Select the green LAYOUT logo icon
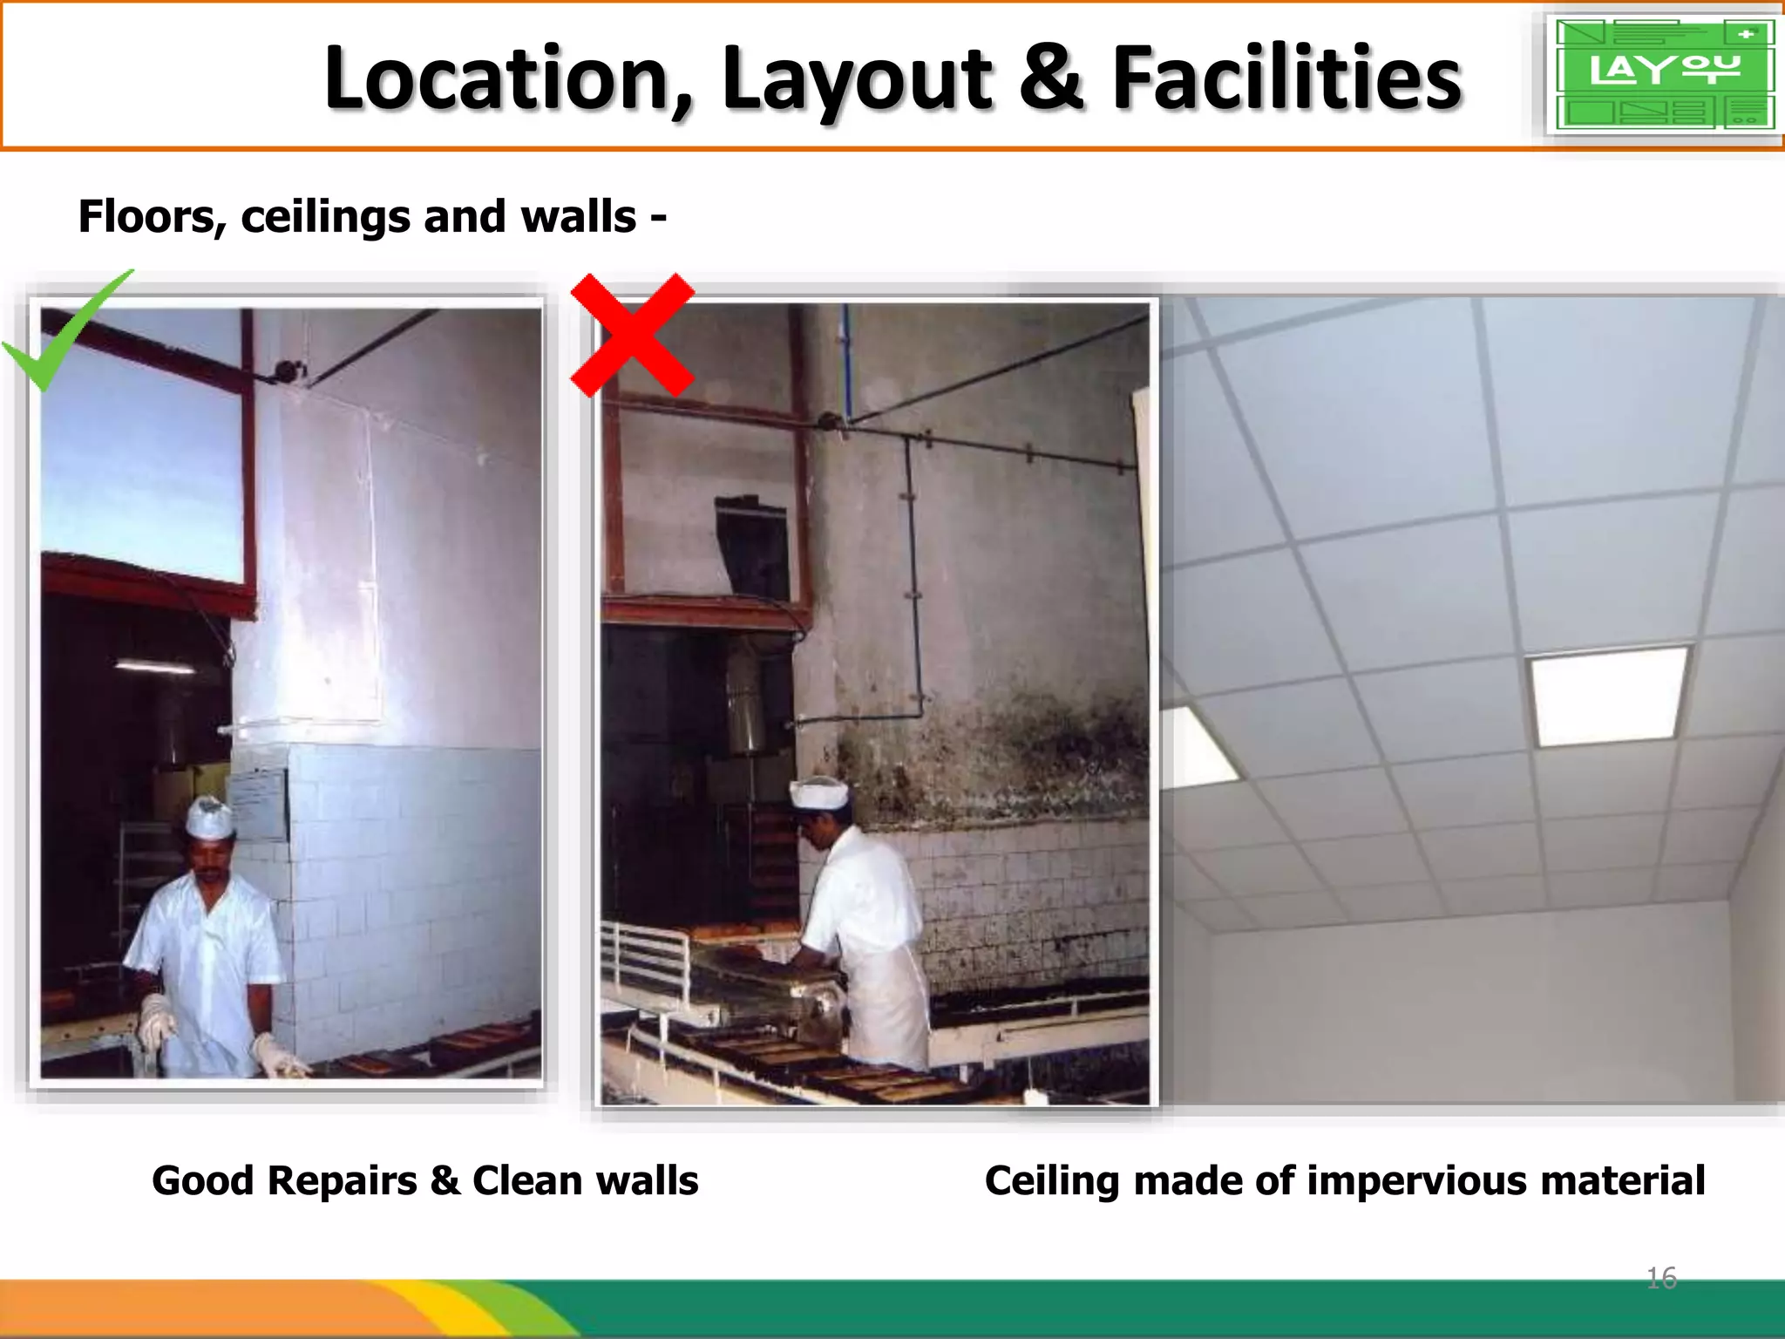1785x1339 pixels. click(x=1664, y=73)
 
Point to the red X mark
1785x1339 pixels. click(x=633, y=336)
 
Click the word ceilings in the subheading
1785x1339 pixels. click(x=325, y=217)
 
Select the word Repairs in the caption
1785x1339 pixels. click(x=342, y=1181)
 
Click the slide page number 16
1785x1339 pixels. click(x=1661, y=1278)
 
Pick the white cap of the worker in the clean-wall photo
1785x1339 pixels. click(x=209, y=818)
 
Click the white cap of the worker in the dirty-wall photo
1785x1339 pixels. click(x=818, y=792)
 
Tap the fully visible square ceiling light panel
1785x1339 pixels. click(x=1611, y=695)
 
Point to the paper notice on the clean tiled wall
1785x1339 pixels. click(x=258, y=802)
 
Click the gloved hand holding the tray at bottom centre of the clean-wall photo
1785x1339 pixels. click(x=277, y=1057)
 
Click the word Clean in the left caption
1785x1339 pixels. click(x=527, y=1181)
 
